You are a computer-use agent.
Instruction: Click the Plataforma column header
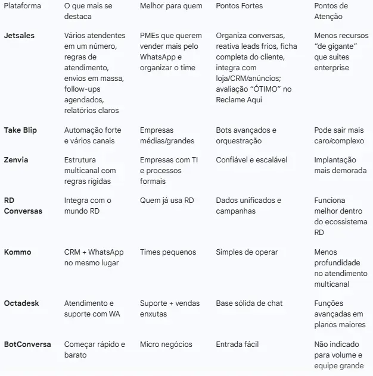[x=23, y=6]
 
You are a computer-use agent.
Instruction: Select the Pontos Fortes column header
[x=239, y=6]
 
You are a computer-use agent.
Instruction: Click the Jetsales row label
[x=19, y=36]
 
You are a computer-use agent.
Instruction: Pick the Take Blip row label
[x=20, y=130]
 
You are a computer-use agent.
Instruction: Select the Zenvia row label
[x=16, y=160]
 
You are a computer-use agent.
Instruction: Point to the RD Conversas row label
[x=23, y=206]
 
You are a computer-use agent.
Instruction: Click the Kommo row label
[x=17, y=252]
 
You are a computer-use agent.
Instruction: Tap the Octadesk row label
[x=21, y=303]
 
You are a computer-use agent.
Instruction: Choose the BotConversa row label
[x=27, y=344]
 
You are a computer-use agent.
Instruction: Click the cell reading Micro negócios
[x=166, y=344]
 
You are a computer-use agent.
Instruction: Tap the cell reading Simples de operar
[x=247, y=252]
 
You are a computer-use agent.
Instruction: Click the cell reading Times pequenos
[x=168, y=252]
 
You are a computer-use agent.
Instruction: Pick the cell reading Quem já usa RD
[x=167, y=200]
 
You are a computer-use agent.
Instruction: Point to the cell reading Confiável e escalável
[x=251, y=160]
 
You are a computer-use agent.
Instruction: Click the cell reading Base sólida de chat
[x=249, y=303]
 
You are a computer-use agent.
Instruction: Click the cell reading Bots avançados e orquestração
[x=246, y=136]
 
